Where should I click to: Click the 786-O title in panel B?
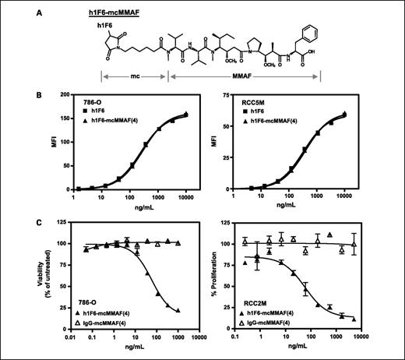(86, 114)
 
